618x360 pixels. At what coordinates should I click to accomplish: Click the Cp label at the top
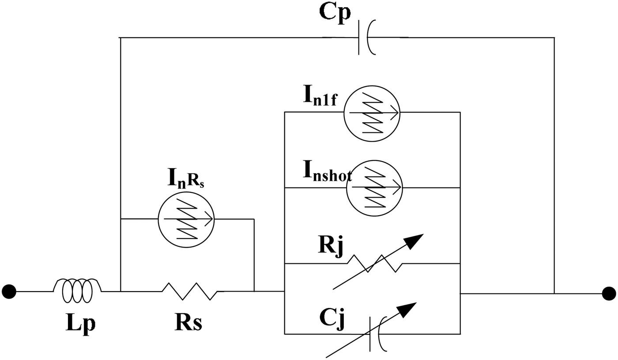point(335,12)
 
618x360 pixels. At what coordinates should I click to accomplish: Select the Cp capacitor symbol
point(366,38)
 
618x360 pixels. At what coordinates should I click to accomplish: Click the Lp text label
point(80,323)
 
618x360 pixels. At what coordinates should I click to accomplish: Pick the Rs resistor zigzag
point(190,291)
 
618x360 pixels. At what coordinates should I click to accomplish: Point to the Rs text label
point(188,323)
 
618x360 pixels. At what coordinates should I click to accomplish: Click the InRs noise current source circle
point(186,218)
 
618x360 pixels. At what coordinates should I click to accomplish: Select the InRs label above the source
point(185,178)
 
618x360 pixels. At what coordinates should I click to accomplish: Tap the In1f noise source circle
point(372,113)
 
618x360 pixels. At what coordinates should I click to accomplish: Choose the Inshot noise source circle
point(374,188)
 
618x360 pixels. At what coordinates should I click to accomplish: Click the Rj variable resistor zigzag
point(374,264)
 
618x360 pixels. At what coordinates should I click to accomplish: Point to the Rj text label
point(330,245)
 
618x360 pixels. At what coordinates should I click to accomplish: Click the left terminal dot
point(9,292)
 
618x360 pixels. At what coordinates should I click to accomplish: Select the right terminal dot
point(609,293)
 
